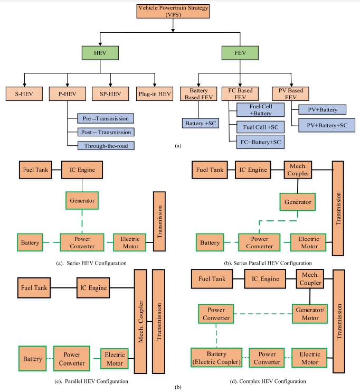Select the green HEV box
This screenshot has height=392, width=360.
tap(100, 53)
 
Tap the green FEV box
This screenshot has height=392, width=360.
tap(240, 53)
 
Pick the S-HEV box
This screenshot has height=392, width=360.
tap(24, 94)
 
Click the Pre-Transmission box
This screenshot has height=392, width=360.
tap(105, 118)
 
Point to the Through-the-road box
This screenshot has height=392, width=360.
tap(105, 145)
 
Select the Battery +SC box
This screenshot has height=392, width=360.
tap(200, 123)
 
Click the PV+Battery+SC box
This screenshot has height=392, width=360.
tap(327, 125)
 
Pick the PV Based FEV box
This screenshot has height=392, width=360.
tap(291, 94)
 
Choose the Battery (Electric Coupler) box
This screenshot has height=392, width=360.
tap(216, 358)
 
